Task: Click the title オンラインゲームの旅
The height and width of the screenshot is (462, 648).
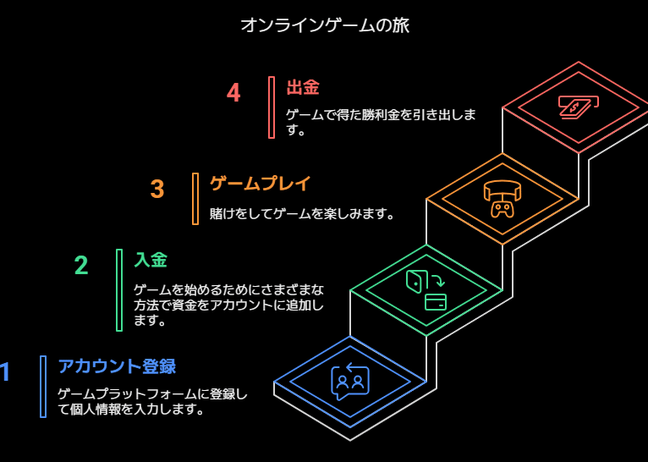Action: click(324, 25)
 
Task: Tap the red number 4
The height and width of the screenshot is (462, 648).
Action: click(233, 92)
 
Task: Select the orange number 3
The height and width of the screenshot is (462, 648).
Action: click(157, 189)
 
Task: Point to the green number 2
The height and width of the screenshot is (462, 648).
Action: click(81, 266)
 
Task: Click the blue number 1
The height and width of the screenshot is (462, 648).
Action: click(5, 372)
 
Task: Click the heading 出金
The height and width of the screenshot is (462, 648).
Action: click(303, 87)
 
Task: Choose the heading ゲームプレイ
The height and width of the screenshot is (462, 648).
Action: click(261, 184)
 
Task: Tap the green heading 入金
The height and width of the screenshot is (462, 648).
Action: click(151, 260)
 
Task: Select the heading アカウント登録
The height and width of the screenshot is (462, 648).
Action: click(117, 366)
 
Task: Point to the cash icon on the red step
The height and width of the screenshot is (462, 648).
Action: click(578, 107)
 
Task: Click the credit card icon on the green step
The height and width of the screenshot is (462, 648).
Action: click(436, 302)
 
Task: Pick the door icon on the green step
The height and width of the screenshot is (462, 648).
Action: click(415, 280)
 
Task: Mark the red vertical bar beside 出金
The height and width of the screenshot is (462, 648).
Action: click(272, 107)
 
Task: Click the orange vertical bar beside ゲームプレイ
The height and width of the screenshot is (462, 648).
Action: click(195, 199)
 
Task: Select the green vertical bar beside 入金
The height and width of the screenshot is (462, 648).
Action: click(119, 290)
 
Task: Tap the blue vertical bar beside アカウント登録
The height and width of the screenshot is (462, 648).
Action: click(43, 387)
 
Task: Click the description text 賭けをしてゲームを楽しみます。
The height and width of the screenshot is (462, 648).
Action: click(303, 214)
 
